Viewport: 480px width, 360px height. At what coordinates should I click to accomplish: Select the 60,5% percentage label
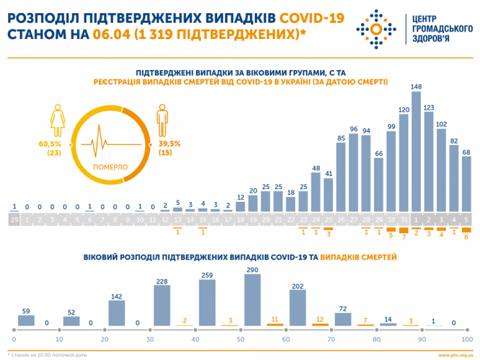point(56,144)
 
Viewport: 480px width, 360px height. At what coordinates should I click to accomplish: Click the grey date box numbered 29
point(14,219)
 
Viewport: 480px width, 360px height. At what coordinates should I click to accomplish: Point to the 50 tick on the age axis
point(240,339)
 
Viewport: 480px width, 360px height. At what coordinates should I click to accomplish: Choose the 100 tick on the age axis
point(467,339)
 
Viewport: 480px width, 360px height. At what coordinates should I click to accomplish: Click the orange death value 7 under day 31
point(403,236)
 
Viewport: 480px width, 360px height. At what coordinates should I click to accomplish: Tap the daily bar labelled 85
point(341,177)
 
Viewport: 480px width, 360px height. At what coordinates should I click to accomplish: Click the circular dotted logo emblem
point(376,28)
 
